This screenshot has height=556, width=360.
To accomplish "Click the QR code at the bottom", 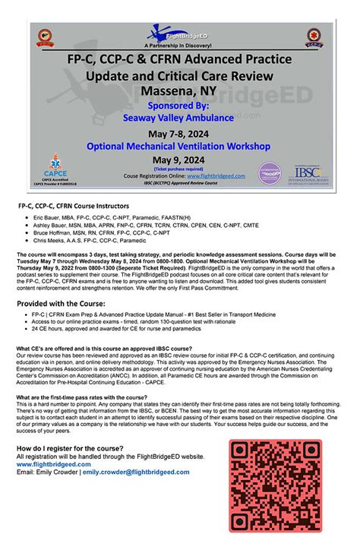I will (276, 486).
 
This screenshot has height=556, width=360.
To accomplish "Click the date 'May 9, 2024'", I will (179, 160).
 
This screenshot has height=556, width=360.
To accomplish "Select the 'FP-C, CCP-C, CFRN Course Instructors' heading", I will (79, 206).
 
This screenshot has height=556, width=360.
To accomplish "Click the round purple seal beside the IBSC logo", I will (270, 174).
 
